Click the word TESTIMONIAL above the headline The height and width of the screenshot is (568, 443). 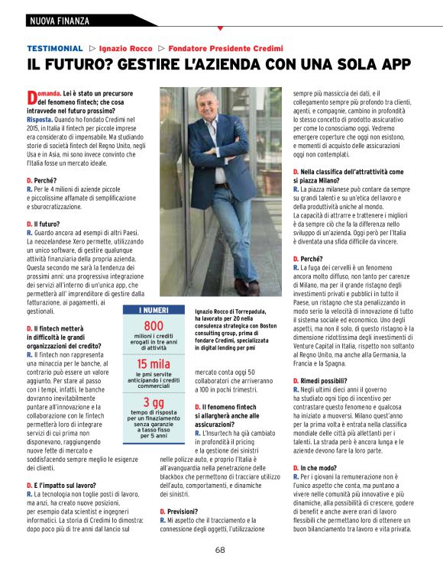54,48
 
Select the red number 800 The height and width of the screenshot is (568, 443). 154,325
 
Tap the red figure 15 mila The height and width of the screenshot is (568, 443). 154,363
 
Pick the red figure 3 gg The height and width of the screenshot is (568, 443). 154,402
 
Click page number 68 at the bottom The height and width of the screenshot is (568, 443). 220,550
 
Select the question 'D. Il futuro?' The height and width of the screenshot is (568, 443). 47,224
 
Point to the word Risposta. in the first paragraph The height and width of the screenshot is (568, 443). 40,120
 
